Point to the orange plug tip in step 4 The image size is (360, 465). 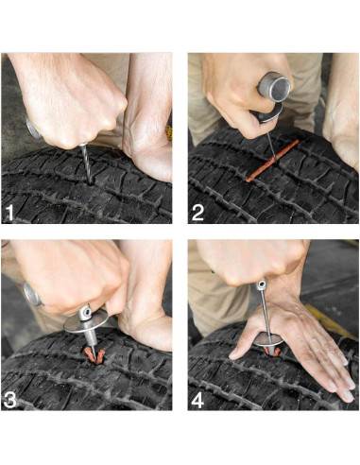(x=270, y=352)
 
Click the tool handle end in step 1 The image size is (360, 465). (x=30, y=127)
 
